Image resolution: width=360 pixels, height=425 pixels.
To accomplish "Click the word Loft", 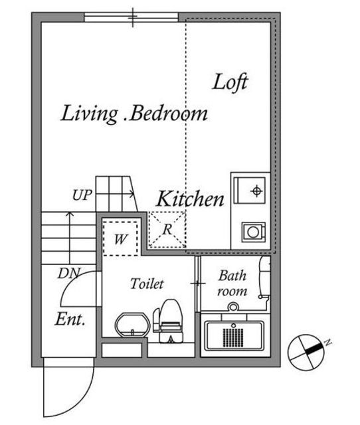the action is coord(230,82).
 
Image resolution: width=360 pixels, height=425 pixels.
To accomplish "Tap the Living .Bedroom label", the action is coord(134,114).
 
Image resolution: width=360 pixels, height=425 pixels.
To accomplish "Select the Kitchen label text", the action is coord(191,199).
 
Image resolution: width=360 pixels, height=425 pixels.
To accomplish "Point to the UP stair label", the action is coord(82,195).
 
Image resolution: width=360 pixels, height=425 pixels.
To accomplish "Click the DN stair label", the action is coord(69,273).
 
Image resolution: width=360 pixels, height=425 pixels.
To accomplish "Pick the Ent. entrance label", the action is coord(70,319).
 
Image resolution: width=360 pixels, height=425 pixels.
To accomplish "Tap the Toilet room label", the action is coord(147,284).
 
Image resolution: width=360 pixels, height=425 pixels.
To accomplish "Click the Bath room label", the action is coord(232,284).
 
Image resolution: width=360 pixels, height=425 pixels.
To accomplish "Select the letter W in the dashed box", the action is coord(120,239).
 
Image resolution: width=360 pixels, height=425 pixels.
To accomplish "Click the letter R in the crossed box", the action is coord(167,230).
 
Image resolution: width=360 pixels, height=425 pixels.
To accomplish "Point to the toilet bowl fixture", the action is coord(168,321).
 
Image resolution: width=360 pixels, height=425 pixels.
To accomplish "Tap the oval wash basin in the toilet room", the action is coord(133,325).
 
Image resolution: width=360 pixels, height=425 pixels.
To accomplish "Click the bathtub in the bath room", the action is coord(234,335).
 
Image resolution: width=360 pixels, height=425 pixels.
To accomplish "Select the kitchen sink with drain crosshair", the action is coord(249,191).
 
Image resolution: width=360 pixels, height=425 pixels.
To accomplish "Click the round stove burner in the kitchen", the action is coord(254,232).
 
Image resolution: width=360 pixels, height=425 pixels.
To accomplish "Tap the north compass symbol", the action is coord(306,352).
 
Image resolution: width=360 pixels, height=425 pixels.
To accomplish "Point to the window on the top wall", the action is coord(132,17).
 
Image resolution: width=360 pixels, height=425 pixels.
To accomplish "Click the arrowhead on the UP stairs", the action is coord(132,194).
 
